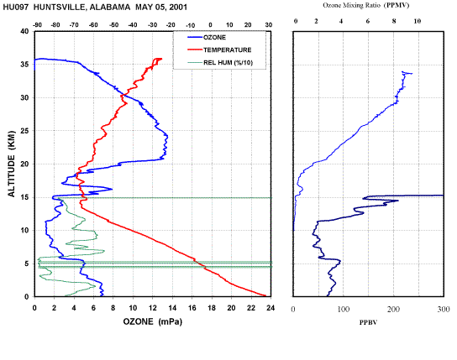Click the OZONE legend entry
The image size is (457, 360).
207,37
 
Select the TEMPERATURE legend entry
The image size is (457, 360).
219,50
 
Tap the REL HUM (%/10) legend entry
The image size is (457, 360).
220,62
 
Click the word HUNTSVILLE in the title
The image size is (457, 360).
59,7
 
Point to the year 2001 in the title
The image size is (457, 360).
178,7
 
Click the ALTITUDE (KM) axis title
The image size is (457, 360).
12,164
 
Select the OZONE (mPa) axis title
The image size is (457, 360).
152,321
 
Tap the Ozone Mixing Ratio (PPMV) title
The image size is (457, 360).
366,5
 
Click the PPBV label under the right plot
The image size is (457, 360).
368,322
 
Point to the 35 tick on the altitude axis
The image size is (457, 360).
24,65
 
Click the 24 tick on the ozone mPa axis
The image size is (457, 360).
271,308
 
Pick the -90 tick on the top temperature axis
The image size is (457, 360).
37,25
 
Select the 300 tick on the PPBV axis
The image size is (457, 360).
444,310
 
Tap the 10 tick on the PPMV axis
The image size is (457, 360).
418,21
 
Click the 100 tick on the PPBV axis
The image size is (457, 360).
344,310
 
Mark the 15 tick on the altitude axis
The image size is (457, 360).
24,197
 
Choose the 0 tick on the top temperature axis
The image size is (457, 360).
210,25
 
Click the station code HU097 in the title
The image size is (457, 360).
16,7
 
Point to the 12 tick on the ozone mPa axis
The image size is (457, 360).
152,308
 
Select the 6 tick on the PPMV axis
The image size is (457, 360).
368,21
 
